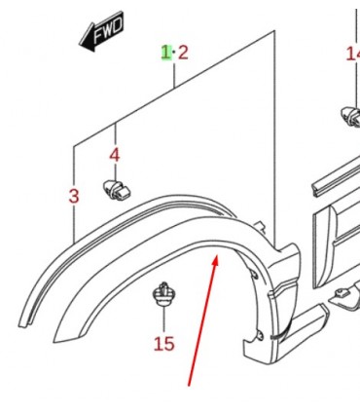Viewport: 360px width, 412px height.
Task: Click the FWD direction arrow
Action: (x=101, y=31)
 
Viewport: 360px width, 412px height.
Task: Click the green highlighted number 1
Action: (x=166, y=53)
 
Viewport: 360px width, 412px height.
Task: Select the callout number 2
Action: (x=183, y=53)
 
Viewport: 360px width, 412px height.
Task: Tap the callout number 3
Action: (x=74, y=196)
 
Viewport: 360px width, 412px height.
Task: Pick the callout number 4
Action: (x=115, y=155)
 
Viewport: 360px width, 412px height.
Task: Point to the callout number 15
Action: (x=163, y=344)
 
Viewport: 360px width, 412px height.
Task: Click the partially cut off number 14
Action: (x=353, y=54)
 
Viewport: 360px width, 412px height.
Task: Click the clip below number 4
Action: (x=117, y=190)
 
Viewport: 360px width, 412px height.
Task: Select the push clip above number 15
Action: (x=164, y=294)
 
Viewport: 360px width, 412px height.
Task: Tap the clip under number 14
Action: (x=350, y=116)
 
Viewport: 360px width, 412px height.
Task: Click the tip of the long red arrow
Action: (x=216, y=255)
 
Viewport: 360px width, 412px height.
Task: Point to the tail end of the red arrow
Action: (x=189, y=386)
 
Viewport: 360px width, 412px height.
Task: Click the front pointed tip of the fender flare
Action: (x=54, y=342)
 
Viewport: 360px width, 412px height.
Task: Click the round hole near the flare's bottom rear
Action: (x=260, y=336)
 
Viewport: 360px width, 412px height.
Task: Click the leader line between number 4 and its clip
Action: (x=115, y=170)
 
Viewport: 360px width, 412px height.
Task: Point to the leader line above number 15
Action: (x=164, y=319)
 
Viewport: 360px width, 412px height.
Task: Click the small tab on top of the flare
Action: (x=261, y=227)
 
